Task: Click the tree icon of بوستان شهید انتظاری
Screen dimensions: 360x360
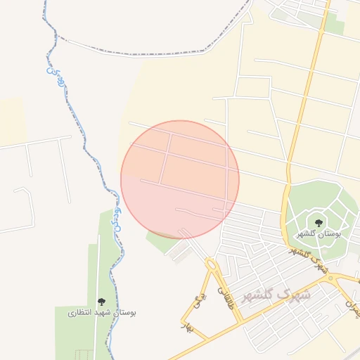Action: pyautogui.click(x=101, y=301)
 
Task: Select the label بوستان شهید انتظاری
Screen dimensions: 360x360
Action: pyautogui.click(x=102, y=311)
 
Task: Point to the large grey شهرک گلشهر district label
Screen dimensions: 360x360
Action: pyautogui.click(x=276, y=295)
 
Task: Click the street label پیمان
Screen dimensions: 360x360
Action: pyautogui.click(x=352, y=303)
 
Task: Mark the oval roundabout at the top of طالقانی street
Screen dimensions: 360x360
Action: pyautogui.click(x=211, y=264)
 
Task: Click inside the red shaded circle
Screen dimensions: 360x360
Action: pyautogui.click(x=180, y=180)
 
